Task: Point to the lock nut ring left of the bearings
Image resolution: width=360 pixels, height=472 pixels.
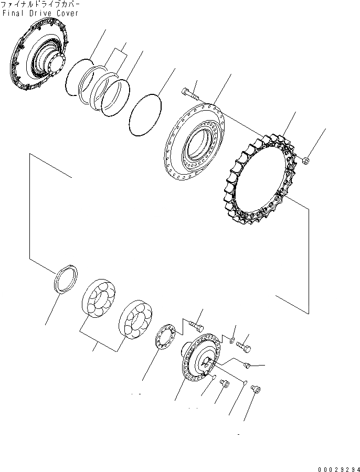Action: [x=66, y=277]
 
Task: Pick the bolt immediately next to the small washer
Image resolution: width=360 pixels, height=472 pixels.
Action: [x=243, y=346]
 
